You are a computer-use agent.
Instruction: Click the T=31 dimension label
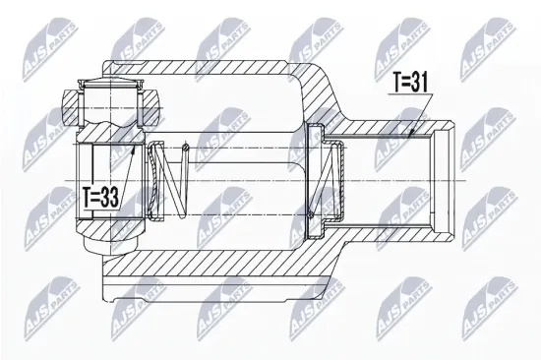[x=411, y=84]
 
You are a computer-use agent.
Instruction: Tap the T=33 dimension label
[x=100, y=198]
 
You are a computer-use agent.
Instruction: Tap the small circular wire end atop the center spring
[x=186, y=148]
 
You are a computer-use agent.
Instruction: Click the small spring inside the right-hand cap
[x=326, y=180]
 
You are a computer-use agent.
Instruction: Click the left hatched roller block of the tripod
[x=71, y=107]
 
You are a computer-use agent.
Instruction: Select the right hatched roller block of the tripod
[x=150, y=107]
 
